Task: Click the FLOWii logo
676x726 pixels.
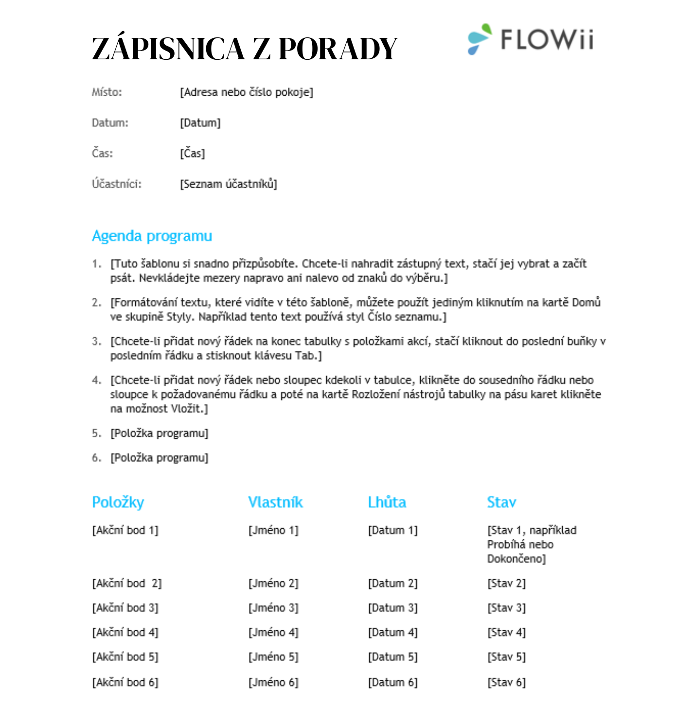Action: [x=531, y=39]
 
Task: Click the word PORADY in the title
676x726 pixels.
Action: [x=338, y=49]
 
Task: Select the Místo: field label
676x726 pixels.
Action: [x=107, y=92]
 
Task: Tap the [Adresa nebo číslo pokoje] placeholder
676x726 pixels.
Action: [x=247, y=92]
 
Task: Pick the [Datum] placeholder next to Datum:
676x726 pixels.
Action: [x=200, y=123]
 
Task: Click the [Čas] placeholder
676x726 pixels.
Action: [x=193, y=154]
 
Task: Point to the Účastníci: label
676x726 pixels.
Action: [x=117, y=184]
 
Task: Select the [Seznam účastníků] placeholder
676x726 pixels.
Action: [x=229, y=184]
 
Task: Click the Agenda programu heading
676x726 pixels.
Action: [x=152, y=236]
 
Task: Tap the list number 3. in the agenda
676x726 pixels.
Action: [x=96, y=342]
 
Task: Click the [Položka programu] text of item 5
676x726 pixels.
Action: [x=160, y=433]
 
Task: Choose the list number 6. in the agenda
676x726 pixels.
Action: [x=96, y=458]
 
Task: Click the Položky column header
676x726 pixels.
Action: [x=118, y=502]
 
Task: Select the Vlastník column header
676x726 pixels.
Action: [x=275, y=502]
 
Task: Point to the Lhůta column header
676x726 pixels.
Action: [x=387, y=502]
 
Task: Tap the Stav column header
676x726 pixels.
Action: [x=501, y=502]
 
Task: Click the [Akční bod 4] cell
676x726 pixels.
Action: [x=125, y=633]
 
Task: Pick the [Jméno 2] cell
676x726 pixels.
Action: [x=273, y=584]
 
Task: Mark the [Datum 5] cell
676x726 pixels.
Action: [x=392, y=657]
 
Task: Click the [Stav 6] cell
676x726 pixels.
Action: [x=506, y=683]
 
